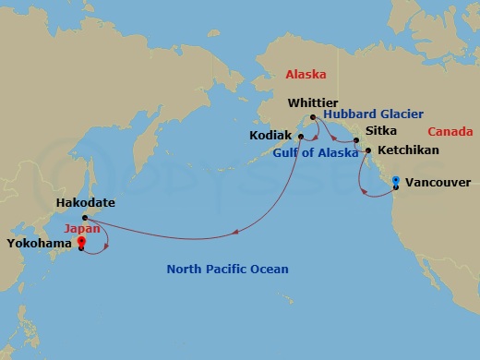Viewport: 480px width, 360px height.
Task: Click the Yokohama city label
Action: coord(39,244)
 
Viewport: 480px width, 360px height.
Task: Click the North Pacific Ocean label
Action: coord(227,270)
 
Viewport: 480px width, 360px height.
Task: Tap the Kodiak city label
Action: coord(271,135)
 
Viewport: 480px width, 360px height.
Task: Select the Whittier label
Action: coord(314,102)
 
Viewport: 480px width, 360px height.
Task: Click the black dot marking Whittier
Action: coord(314,116)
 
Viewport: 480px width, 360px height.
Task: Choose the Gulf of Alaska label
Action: coord(316,153)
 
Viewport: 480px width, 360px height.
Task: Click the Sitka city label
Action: coord(381,131)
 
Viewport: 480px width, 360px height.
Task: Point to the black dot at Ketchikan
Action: coord(368,150)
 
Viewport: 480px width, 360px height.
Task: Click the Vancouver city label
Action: coord(438,183)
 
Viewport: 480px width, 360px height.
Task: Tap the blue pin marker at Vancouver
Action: coord(395,182)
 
